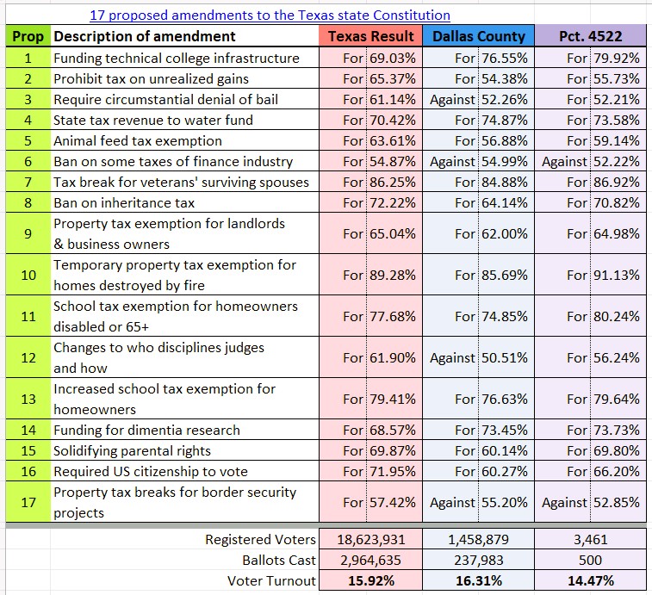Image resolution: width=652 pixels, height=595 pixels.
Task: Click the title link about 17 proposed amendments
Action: tap(270, 15)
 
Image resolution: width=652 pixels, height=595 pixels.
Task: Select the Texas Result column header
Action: tap(371, 36)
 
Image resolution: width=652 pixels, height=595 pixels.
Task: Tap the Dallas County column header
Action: tap(478, 36)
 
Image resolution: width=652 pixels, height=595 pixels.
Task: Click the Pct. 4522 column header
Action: tap(590, 36)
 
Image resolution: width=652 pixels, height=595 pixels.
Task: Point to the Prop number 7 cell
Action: tap(28, 182)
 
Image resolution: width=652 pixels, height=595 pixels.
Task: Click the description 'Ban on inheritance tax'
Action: tap(124, 202)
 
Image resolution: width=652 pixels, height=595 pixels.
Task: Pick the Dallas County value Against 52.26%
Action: tap(478, 99)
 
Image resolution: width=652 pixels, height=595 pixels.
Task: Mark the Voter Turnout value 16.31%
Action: tap(478, 581)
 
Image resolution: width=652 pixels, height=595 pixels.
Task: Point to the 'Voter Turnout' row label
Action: tap(271, 581)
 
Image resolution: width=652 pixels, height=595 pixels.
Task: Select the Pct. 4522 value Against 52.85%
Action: tap(591, 502)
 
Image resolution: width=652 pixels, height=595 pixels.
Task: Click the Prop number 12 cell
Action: tap(28, 357)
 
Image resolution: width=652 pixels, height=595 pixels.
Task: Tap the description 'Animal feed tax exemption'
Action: tap(138, 140)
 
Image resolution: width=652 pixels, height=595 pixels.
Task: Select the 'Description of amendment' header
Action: tap(145, 36)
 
